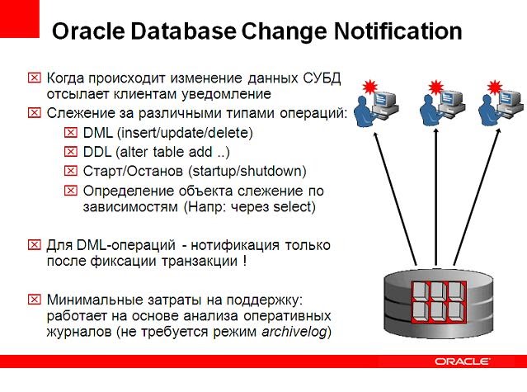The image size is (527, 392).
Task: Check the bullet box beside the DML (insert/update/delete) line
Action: (69, 133)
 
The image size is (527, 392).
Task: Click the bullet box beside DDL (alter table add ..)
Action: (69, 152)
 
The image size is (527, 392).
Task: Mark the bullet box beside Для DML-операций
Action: (35, 245)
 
